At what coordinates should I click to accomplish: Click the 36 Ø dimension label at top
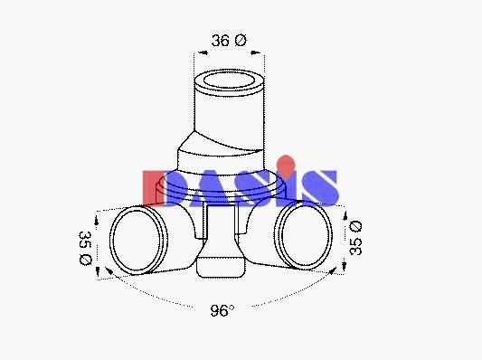click(x=229, y=41)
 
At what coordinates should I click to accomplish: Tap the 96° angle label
click(x=222, y=310)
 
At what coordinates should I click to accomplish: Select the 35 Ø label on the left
click(x=85, y=248)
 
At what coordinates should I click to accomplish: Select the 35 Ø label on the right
click(x=355, y=238)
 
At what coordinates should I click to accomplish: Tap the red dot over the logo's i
click(x=286, y=166)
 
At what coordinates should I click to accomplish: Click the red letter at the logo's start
click(x=151, y=187)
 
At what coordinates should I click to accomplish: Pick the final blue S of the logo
click(x=320, y=188)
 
